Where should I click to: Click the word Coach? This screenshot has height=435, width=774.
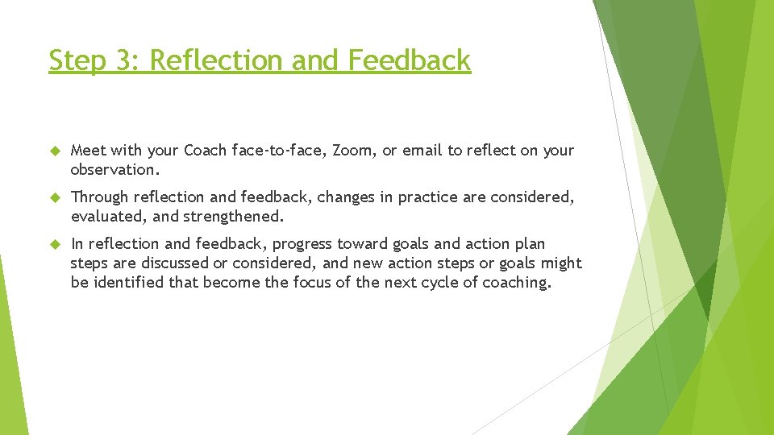point(205,151)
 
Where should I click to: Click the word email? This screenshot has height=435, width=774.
point(422,151)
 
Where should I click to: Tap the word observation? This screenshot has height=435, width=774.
point(115,170)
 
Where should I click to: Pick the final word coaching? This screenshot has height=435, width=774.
point(517,283)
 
